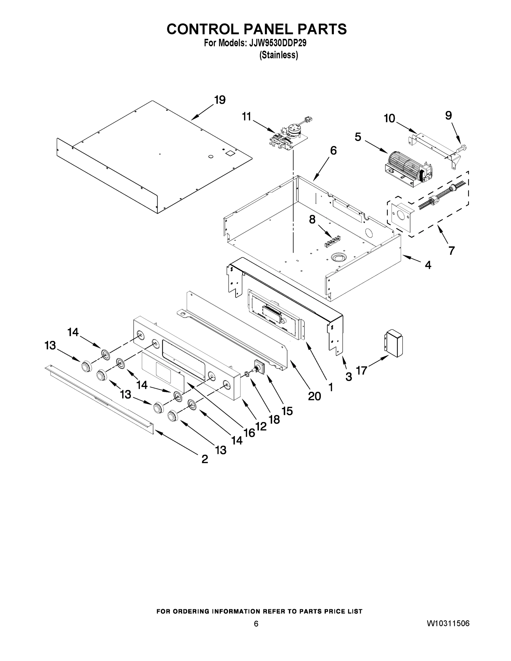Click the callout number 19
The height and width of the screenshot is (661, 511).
click(220, 100)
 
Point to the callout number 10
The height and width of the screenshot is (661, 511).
click(389, 118)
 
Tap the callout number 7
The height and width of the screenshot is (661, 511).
click(451, 251)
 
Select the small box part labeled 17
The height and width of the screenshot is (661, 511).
click(394, 343)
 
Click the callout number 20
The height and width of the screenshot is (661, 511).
click(314, 396)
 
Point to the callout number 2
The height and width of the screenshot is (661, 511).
click(205, 459)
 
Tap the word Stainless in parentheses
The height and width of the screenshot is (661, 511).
click(279, 55)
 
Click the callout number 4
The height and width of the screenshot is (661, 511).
click(428, 265)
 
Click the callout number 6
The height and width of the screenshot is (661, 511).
click(333, 150)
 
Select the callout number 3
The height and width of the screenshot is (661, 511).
click(348, 377)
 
